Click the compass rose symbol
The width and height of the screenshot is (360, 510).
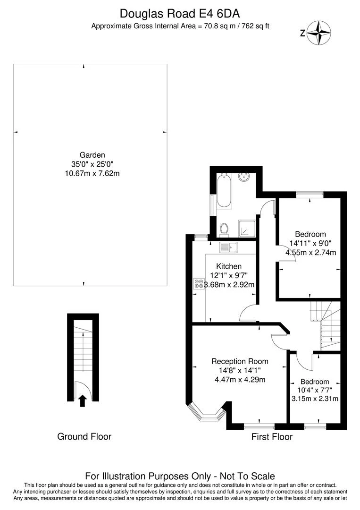click(x=319, y=33)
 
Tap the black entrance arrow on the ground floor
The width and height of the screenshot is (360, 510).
click(x=83, y=401)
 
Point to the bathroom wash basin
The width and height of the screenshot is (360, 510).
click(x=244, y=177)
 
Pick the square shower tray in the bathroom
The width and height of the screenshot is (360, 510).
click(x=247, y=229)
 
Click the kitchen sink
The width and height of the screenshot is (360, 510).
click(x=228, y=247)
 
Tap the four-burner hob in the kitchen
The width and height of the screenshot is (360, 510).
click(x=199, y=284)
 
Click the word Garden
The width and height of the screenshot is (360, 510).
click(x=92, y=155)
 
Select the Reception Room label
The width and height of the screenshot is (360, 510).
click(x=240, y=361)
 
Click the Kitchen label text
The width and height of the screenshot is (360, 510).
click(x=229, y=266)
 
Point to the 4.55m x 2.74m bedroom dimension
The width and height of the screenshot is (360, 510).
click(x=310, y=252)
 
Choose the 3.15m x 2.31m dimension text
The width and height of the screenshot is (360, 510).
click(x=315, y=399)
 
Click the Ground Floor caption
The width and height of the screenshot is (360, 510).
click(x=84, y=436)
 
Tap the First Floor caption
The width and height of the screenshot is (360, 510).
click(x=272, y=436)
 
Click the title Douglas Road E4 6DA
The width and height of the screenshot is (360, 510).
click(x=180, y=14)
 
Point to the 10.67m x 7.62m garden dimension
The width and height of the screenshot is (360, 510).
click(x=92, y=173)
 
